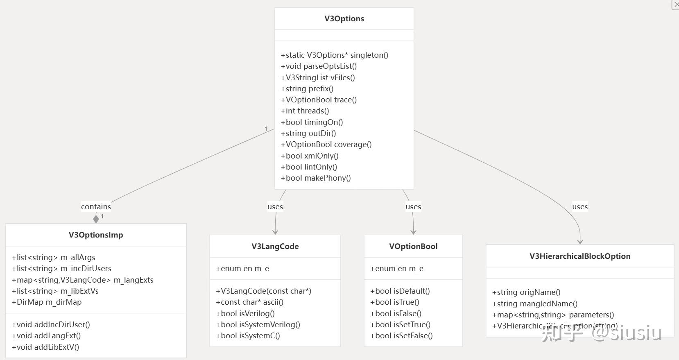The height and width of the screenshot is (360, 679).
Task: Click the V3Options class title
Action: (x=344, y=19)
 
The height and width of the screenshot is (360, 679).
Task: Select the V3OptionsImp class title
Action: (x=96, y=235)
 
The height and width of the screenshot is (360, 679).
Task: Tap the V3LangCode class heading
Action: (x=275, y=247)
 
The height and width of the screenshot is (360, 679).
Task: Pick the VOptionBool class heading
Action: (x=413, y=247)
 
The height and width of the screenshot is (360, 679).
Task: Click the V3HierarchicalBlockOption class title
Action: (x=580, y=256)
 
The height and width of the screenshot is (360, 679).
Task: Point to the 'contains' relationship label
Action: (x=96, y=207)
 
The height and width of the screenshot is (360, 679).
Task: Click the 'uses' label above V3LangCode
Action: (x=275, y=207)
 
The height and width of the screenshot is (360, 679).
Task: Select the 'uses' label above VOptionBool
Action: (x=413, y=207)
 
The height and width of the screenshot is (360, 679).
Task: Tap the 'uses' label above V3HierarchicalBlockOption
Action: (x=580, y=207)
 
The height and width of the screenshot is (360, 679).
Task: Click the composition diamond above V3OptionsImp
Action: (x=96, y=219)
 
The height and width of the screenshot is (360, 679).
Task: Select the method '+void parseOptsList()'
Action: (x=319, y=66)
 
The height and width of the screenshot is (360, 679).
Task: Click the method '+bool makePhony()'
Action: (x=316, y=178)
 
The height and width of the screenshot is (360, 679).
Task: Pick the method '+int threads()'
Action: (x=305, y=111)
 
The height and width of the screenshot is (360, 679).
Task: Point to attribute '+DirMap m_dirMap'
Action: (x=47, y=302)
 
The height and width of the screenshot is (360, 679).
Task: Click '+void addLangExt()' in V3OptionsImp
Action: (x=46, y=336)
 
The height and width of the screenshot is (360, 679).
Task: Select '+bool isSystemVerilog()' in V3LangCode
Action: (x=258, y=325)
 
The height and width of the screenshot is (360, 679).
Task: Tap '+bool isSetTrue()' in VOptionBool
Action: (x=400, y=325)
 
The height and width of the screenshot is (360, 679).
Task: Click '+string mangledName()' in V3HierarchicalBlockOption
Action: (x=534, y=304)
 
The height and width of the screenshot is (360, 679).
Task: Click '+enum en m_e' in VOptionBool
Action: (x=396, y=269)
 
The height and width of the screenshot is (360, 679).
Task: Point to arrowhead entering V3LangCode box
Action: (x=275, y=232)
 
